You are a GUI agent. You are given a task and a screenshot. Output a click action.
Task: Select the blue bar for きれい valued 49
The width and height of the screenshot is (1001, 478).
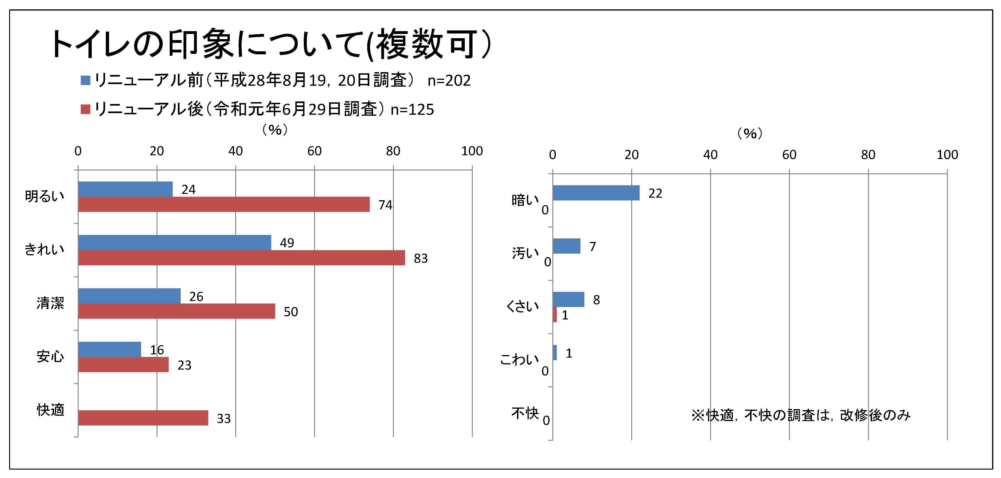point(174,243)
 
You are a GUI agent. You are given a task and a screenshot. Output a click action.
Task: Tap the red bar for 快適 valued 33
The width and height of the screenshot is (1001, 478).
point(143,418)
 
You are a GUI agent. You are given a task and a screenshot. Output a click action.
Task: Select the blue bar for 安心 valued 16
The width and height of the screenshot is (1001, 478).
point(110,349)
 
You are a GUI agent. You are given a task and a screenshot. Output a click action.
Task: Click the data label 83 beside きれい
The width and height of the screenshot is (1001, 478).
point(420,259)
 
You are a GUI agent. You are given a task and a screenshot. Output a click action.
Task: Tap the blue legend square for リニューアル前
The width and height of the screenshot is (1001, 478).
point(85,81)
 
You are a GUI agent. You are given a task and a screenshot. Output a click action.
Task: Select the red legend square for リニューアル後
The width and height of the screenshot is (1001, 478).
point(85,109)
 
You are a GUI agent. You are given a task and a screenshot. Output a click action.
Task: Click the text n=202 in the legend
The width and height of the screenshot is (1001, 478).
point(449,81)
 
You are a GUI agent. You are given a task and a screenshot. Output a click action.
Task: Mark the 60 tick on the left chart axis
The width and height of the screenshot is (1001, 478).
point(314,151)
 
